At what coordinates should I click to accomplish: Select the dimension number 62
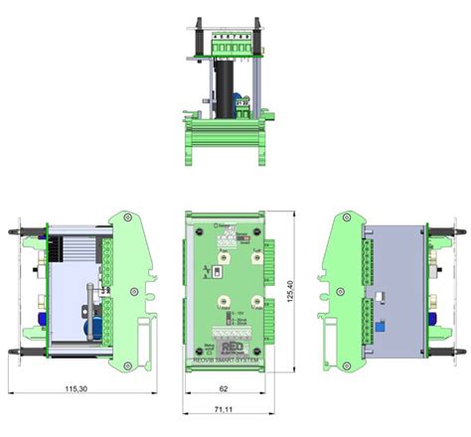(x=226, y=390)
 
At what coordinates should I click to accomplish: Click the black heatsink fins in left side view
(x=75, y=249)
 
